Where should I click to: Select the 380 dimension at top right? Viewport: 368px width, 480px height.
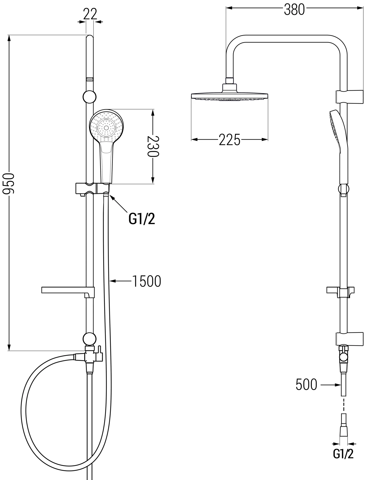[294, 10]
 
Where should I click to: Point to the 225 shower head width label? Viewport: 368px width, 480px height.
[229, 140]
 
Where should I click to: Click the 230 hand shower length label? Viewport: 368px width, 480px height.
[153, 146]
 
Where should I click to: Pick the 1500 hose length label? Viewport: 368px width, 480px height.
[146, 281]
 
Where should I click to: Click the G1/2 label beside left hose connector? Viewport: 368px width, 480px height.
[142, 219]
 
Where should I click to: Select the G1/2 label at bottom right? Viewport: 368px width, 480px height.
[343, 454]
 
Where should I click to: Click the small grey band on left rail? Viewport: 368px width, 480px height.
[90, 79]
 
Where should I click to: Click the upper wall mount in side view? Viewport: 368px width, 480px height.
[350, 96]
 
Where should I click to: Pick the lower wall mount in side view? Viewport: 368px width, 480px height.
[350, 339]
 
